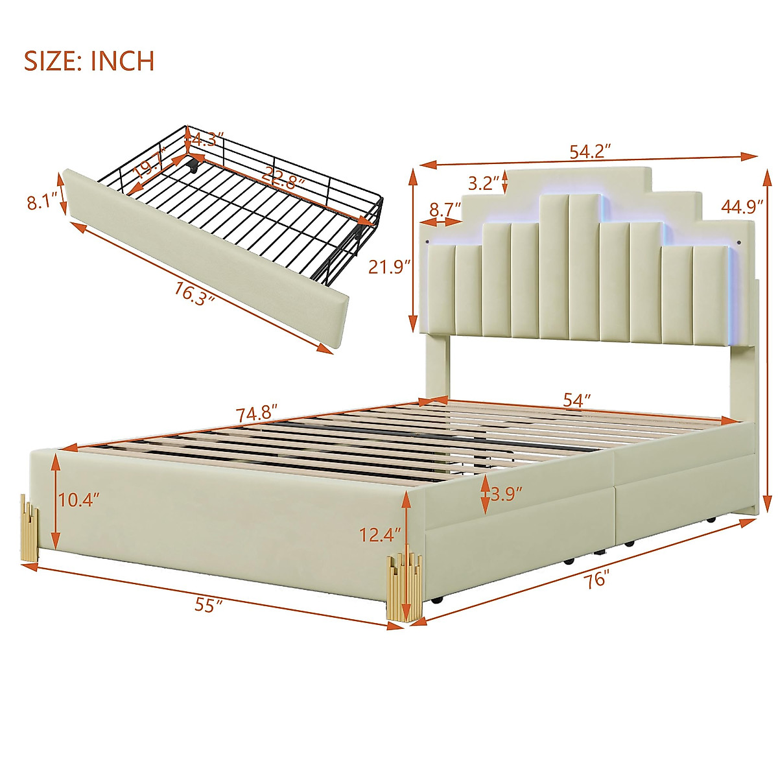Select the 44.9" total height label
[x=742, y=207]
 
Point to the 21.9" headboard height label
[x=390, y=266]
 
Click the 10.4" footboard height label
[x=80, y=500]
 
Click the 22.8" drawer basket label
[x=283, y=177]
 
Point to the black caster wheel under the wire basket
[x=193, y=167]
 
